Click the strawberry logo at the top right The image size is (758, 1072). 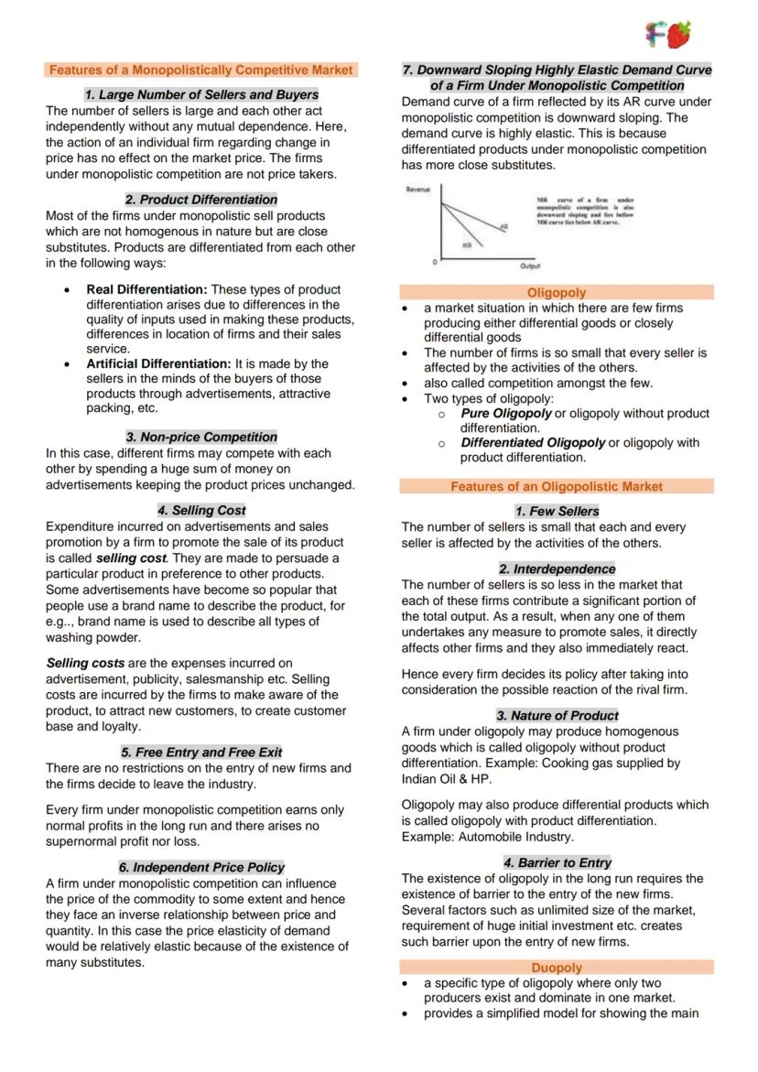click(677, 35)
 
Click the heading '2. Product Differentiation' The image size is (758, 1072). click(200, 200)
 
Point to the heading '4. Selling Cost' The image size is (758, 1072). click(200, 510)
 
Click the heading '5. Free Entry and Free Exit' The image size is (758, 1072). click(200, 752)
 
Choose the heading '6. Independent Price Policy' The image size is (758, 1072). click(200, 867)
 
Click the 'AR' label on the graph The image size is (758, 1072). click(504, 226)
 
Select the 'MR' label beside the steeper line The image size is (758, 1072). click(467, 244)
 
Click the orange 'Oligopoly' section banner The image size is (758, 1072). click(557, 293)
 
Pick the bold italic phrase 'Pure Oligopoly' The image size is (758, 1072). click(506, 413)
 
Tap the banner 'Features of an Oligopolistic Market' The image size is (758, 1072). click(557, 487)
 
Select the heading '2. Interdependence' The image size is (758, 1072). click(557, 568)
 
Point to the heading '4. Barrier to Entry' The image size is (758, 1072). click(557, 862)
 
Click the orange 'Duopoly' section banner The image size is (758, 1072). click(557, 967)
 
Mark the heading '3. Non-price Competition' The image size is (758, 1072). click(200, 437)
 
